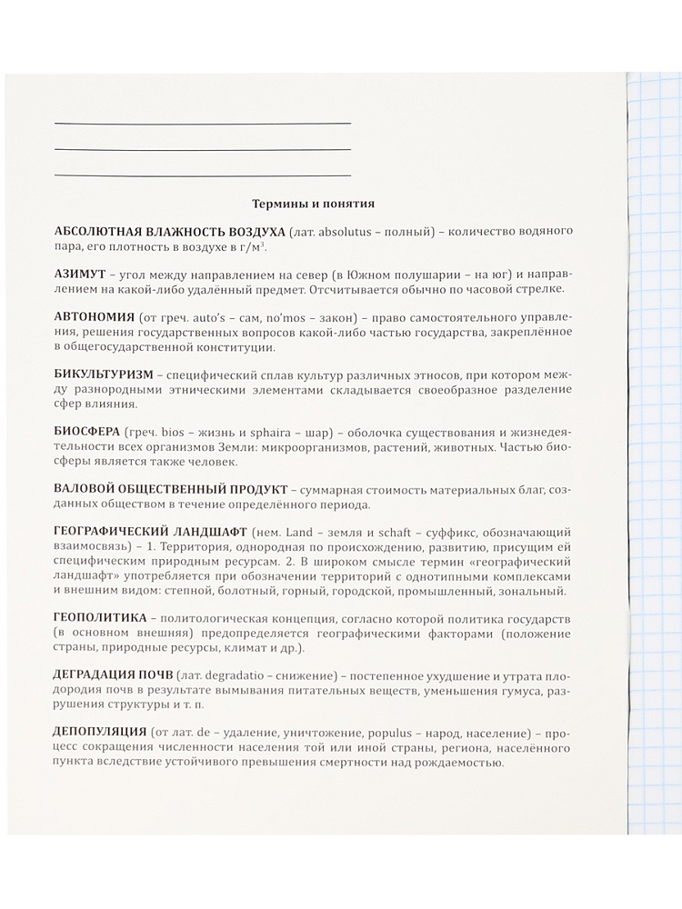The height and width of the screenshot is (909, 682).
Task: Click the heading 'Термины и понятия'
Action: pyautogui.click(x=313, y=205)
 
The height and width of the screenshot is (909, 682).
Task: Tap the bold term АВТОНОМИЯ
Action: pyautogui.click(x=93, y=315)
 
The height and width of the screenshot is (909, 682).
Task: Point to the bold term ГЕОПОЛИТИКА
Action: pyautogui.click(x=99, y=617)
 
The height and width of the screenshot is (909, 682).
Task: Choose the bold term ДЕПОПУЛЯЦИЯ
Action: pyautogui.click(x=101, y=732)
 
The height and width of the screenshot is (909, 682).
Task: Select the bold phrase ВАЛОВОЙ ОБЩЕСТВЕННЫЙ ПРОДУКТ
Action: pyautogui.click(x=171, y=490)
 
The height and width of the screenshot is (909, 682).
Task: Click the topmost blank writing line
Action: pyautogui.click(x=202, y=123)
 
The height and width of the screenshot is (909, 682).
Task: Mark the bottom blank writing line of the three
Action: pyautogui.click(x=202, y=175)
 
